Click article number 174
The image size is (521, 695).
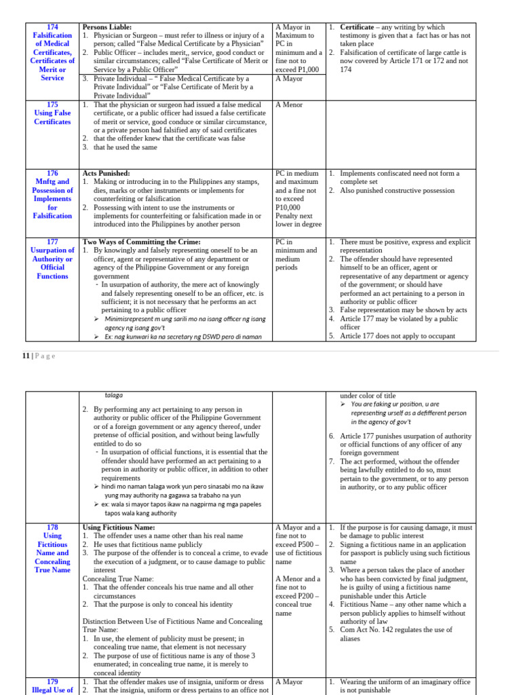coord(52,26)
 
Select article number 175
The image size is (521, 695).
coord(52,105)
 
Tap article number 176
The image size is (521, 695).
coord(52,173)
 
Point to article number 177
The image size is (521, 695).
coord(52,242)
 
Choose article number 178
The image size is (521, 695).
coord(52,527)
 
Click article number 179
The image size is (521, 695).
coord(52,681)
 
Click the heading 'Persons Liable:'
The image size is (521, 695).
coord(107,26)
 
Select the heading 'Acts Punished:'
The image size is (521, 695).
coord(106,173)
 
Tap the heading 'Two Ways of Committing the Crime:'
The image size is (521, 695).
coord(141,242)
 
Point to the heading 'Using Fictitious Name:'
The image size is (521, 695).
coord(119,527)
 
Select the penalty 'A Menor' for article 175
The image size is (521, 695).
coord(290,105)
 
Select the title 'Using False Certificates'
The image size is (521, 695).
coord(52,117)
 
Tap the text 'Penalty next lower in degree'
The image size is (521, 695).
coord(298,220)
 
